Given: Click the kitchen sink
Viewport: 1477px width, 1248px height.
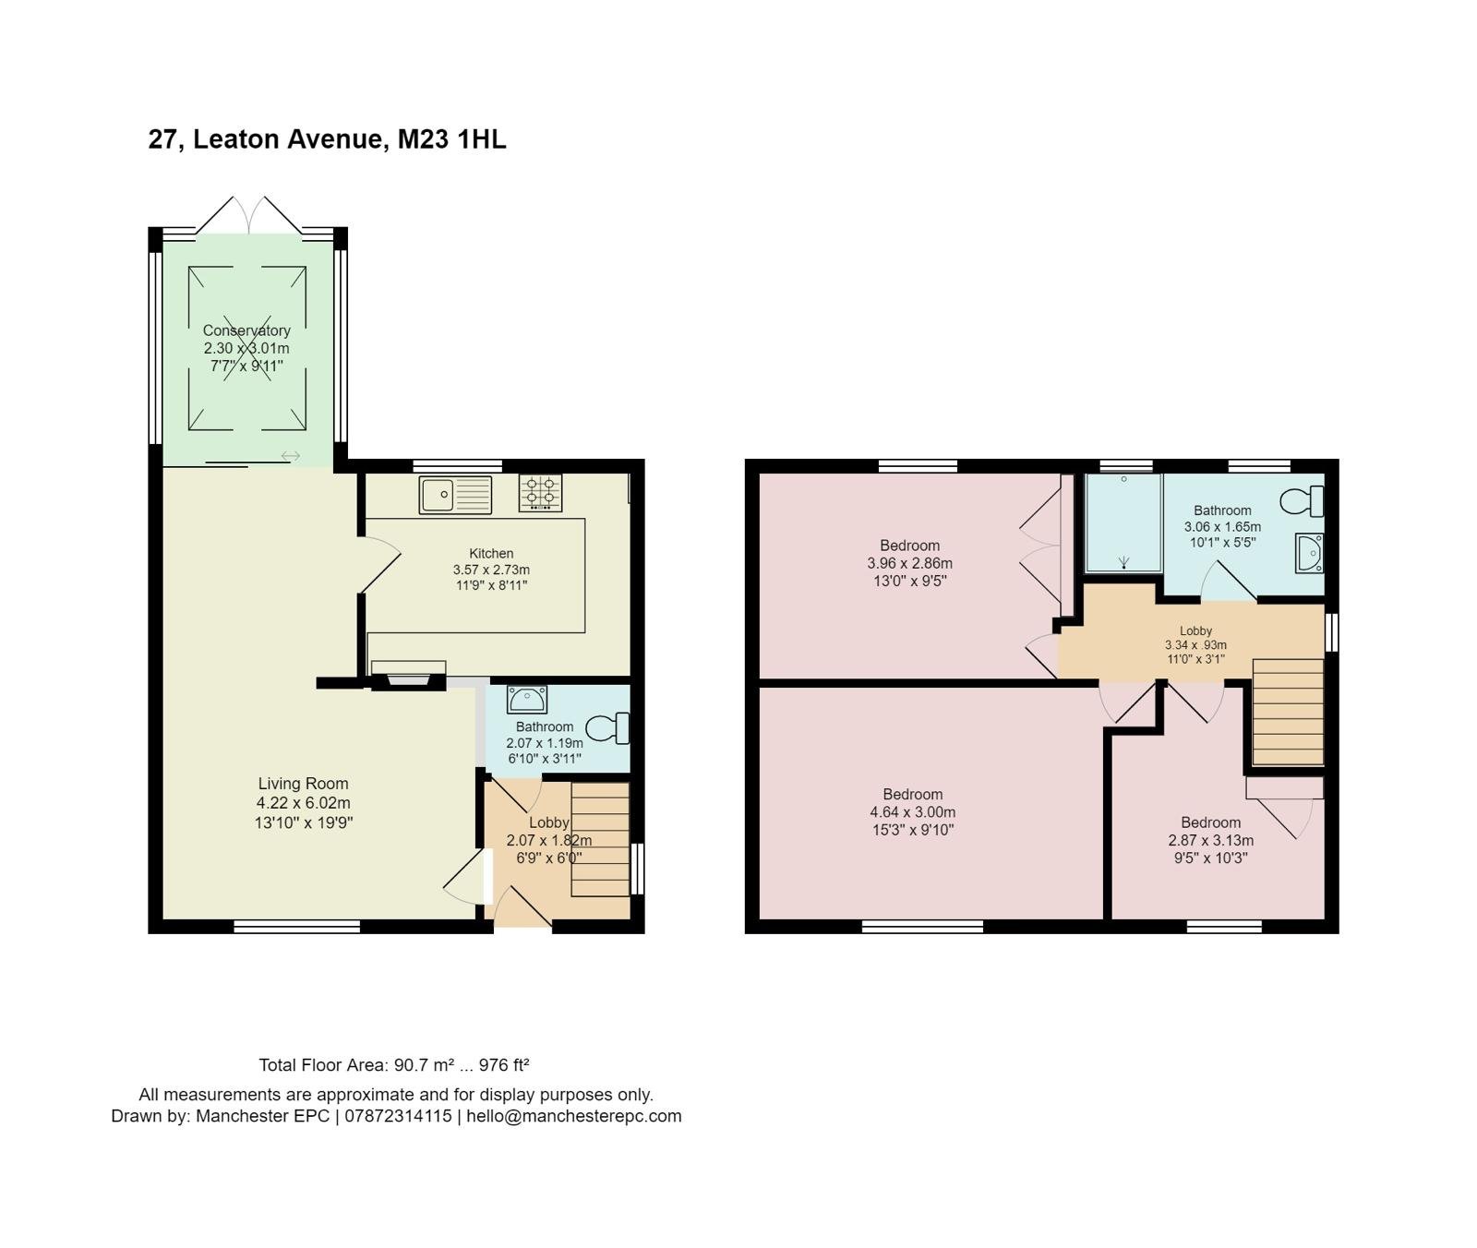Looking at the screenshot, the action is tap(455, 495).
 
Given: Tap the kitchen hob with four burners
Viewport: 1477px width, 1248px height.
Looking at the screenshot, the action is tap(540, 493).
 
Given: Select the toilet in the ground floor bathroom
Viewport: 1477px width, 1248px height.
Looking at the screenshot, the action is tap(608, 728).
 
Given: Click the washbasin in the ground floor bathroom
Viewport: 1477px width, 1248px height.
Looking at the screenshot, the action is tap(527, 699).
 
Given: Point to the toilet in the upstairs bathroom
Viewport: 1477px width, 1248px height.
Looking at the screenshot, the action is tap(1302, 501).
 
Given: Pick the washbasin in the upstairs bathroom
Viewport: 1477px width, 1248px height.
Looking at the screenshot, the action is tap(1310, 553).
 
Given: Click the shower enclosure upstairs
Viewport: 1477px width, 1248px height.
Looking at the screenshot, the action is tap(1123, 523).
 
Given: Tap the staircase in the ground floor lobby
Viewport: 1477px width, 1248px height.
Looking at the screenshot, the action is tap(600, 839).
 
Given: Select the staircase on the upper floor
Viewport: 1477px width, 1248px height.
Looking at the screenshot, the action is tap(1288, 712).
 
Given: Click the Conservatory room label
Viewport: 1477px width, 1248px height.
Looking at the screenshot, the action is tap(246, 330).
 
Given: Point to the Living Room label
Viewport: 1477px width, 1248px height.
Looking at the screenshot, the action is tap(303, 784).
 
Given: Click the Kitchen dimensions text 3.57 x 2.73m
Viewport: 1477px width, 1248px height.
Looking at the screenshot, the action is tap(491, 570).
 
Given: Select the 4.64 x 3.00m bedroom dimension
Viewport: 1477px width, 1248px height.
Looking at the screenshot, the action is tap(913, 812).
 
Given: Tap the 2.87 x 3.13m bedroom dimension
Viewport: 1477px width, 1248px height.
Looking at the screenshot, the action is tap(1211, 840).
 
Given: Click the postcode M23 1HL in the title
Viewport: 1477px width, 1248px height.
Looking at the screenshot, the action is tap(451, 139).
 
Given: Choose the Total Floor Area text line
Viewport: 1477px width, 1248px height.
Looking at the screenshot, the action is tap(394, 1065).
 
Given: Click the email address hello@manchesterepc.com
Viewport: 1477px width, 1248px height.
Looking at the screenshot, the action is tap(574, 1116).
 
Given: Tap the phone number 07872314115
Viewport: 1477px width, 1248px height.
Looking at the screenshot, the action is tap(397, 1116).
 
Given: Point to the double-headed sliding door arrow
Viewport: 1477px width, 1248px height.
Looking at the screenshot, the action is tap(291, 456).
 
